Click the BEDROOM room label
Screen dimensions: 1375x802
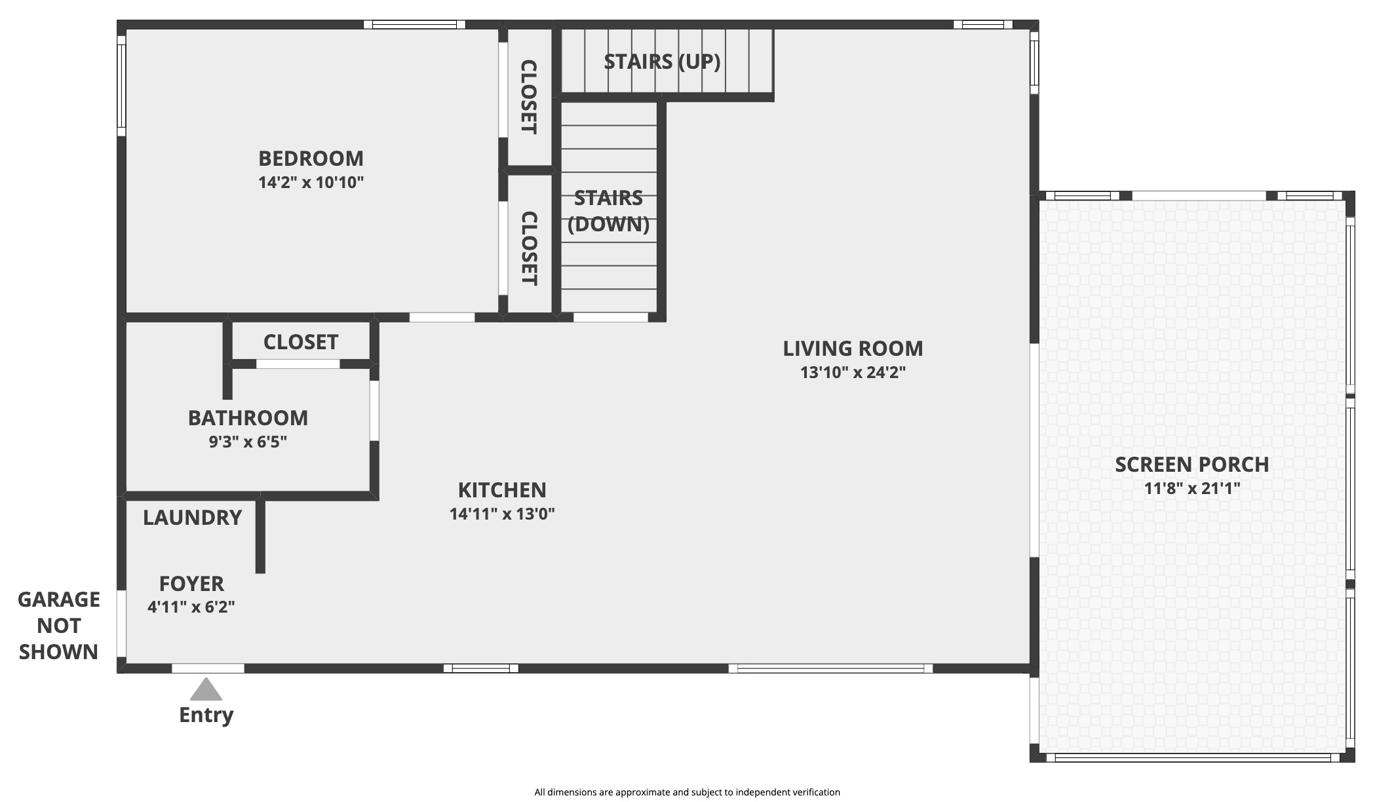[311, 159]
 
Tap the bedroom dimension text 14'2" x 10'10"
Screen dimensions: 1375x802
[311, 182]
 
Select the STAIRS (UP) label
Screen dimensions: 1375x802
[662, 62]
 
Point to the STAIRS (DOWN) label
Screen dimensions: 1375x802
[608, 211]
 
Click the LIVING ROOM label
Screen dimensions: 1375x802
[853, 349]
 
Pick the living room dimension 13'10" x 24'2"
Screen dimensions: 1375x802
[853, 372]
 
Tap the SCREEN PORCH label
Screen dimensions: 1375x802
[1191, 465]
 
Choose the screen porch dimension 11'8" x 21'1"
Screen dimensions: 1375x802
[1192, 488]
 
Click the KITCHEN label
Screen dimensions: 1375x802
[502, 490]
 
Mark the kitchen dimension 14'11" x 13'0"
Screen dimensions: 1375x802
[502, 514]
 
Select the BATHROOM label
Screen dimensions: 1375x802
[248, 418]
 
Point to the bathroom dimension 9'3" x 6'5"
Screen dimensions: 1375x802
[248, 442]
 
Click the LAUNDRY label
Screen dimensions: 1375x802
[193, 518]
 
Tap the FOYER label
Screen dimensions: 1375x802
[191, 584]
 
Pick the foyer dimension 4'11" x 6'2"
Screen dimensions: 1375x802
[191, 607]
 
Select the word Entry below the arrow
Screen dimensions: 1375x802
[206, 715]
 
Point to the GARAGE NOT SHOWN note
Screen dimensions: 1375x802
[59, 626]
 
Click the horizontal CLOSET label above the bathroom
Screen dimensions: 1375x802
[301, 342]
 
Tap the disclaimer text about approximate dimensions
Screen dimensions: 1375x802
[687, 792]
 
